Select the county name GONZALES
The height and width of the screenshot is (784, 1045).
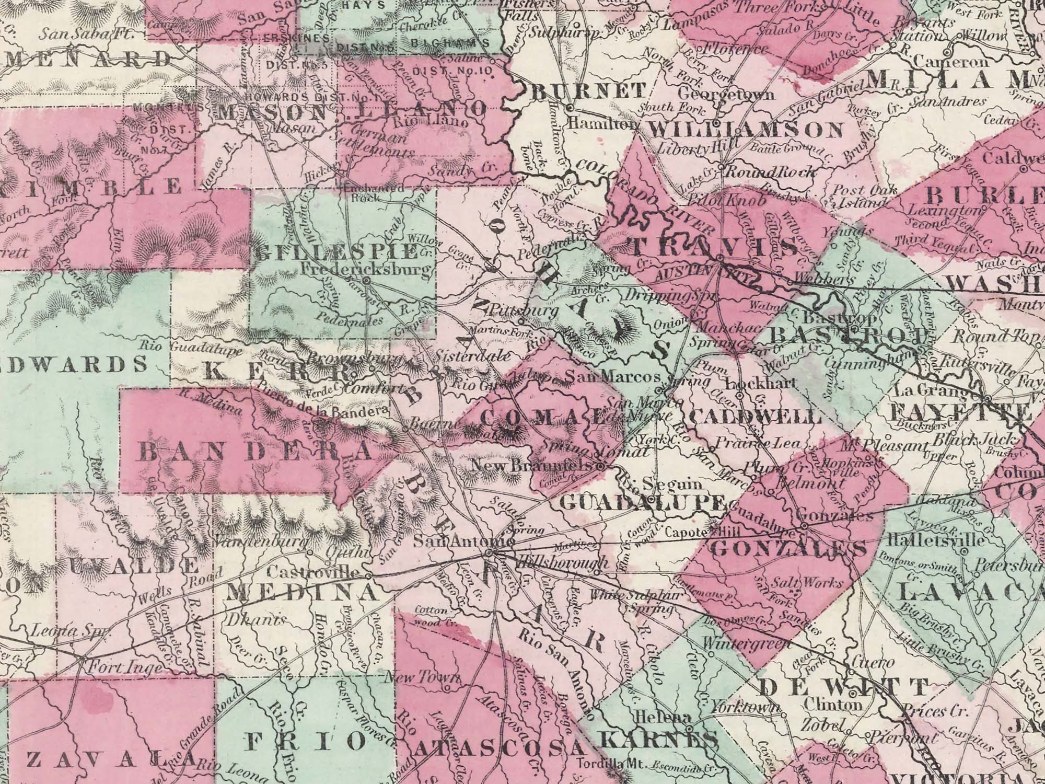[x=788, y=549]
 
